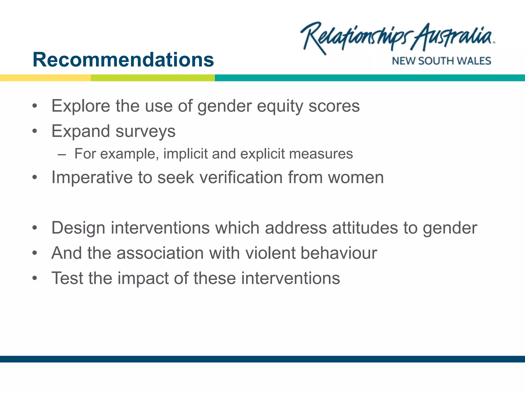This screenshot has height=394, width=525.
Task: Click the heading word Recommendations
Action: click(x=123, y=60)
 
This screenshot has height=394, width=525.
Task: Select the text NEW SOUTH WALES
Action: click(x=441, y=61)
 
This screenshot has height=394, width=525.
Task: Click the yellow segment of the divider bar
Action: click(x=45, y=78)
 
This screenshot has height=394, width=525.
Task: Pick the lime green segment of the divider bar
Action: click(x=153, y=78)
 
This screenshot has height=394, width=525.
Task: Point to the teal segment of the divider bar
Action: click(x=369, y=78)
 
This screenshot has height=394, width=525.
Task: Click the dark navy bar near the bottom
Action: click(x=262, y=359)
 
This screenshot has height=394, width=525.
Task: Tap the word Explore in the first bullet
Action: click(x=81, y=106)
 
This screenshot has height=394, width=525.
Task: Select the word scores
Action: click(x=334, y=106)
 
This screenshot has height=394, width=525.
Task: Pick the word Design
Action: click(x=78, y=228)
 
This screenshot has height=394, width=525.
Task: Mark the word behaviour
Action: click(x=339, y=253)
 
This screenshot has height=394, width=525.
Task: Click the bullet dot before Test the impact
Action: click(x=35, y=278)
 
